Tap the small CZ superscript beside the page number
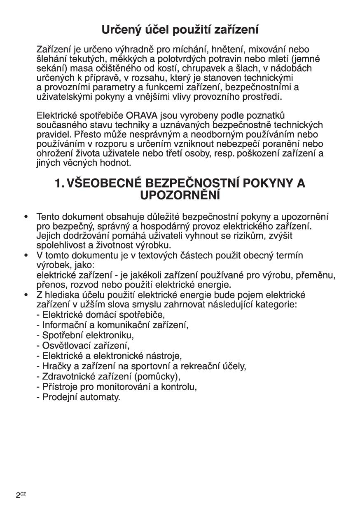click(23, 494)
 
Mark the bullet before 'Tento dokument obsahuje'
click(26, 216)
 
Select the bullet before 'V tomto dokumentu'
click(26, 255)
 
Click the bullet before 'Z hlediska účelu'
click(26, 295)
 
